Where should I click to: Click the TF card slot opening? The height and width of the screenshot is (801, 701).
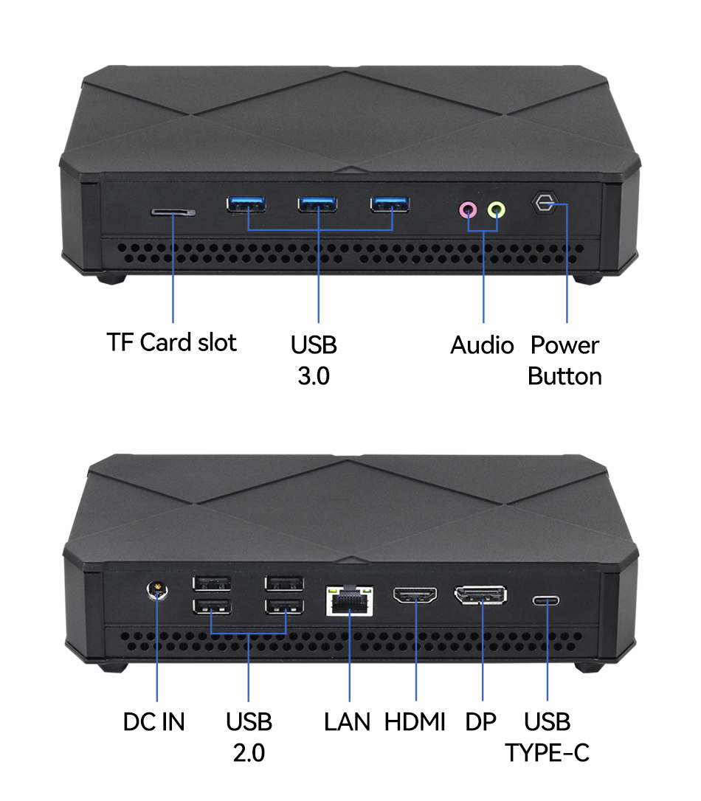point(173,212)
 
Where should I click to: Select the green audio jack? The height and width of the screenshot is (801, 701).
point(497,210)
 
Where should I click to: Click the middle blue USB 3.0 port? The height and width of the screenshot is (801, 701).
point(318,204)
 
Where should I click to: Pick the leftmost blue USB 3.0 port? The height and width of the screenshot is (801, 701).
point(246,204)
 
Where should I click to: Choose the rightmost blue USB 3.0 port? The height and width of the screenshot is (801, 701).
point(390,204)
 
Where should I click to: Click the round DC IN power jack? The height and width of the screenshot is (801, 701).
point(157,591)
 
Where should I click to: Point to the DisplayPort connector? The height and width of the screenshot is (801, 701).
point(480,594)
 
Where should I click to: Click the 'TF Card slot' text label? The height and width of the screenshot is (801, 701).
point(172,343)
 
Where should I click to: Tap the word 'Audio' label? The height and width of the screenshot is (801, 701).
point(482,345)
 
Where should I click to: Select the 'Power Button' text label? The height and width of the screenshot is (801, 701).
point(565,361)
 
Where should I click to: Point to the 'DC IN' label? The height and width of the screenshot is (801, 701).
point(154,722)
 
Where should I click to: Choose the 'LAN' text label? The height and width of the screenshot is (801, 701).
point(347,722)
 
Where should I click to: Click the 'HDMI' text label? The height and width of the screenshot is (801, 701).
point(415,722)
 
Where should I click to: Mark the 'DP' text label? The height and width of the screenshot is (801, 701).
point(481,722)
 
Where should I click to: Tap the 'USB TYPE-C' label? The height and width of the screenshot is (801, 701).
point(548,737)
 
